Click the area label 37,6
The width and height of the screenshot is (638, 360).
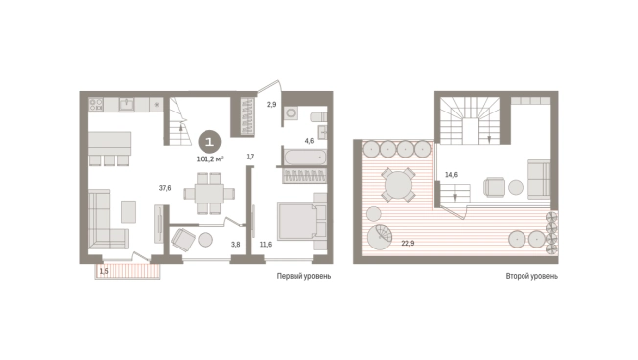pos(165,188)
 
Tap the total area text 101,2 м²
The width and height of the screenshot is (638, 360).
pos(210,159)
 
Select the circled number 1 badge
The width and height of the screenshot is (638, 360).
pos(209,142)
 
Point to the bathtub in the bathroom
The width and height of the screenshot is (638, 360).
pos(305,157)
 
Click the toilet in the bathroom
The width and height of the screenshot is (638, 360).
pos(319,117)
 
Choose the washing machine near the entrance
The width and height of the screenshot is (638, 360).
pos(292,113)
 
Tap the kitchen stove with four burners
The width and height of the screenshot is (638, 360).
pos(96,104)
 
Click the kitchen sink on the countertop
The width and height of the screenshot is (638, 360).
pos(126,104)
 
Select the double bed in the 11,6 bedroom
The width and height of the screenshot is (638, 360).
pos(302,221)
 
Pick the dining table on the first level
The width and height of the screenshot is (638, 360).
pos(209,194)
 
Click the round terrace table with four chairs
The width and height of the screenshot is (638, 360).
pos(398,185)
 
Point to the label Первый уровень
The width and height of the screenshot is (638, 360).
pos(303,276)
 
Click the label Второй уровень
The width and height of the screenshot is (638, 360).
pos(531,276)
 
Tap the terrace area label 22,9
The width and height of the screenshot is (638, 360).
pos(408,244)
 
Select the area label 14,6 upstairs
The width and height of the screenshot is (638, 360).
pos(451,175)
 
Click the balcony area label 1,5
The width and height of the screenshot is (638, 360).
pos(104,271)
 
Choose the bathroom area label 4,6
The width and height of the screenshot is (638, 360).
pos(309,141)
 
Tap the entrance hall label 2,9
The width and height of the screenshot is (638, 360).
pos(271,104)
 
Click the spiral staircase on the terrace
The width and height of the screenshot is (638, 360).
pos(380,236)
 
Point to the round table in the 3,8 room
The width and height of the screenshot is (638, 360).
pos(205,240)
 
